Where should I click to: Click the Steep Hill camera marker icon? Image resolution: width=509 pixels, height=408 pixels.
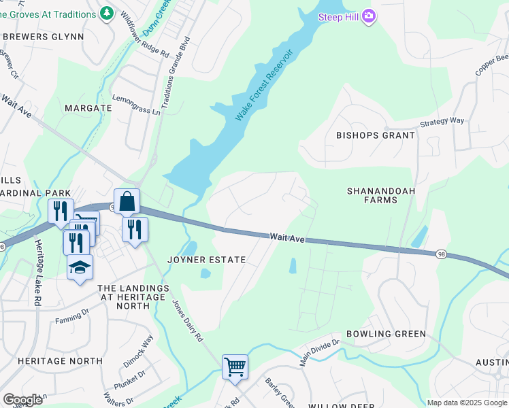pyautogui.click(x=368, y=16)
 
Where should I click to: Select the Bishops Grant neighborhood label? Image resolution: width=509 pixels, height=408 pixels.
pyautogui.click(x=375, y=135)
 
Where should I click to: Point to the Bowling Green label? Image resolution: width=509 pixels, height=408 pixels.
pyautogui.click(x=386, y=334)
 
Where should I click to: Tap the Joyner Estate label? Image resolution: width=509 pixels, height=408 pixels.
pyautogui.click(x=206, y=260)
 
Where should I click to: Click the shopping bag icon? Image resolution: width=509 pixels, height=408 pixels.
pyautogui.click(x=127, y=202)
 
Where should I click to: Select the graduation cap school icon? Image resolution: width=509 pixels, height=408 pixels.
pyautogui.click(x=80, y=267)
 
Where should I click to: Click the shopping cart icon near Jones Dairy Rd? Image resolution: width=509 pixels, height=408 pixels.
pyautogui.click(x=235, y=367)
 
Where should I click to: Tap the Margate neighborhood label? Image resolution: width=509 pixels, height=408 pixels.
pyautogui.click(x=88, y=108)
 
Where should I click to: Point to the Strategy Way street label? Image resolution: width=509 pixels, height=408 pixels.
pyautogui.click(x=442, y=121)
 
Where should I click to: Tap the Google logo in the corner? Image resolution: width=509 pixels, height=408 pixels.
pyautogui.click(x=22, y=400)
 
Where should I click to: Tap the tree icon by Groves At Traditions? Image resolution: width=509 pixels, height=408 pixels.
pyautogui.click(x=106, y=13)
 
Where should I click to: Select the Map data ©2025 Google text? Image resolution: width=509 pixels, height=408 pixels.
pyautogui.click(x=466, y=403)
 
